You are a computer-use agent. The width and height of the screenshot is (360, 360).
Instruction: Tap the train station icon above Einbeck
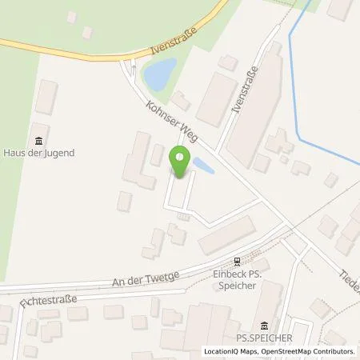(236, 261)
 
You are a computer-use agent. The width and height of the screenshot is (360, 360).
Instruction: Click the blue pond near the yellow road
(157, 74)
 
